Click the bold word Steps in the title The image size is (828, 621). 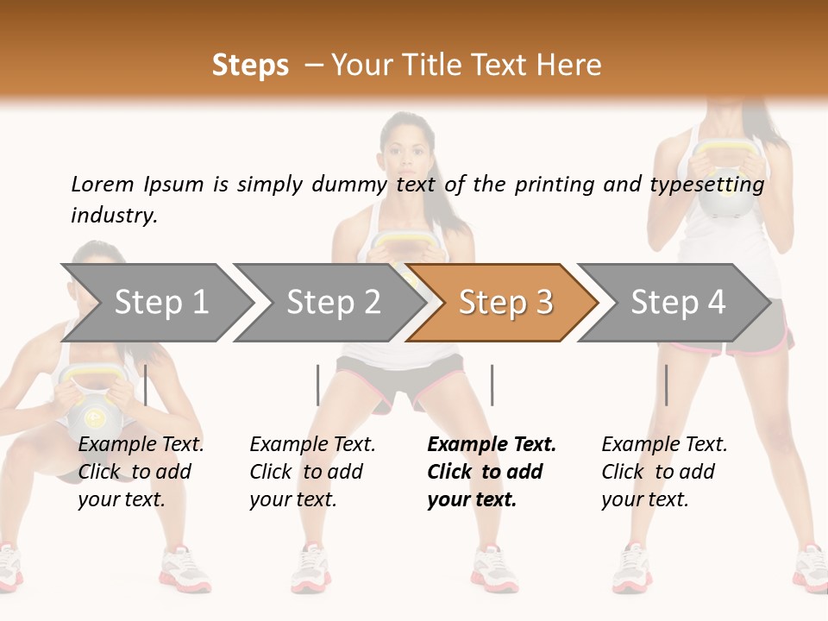coord(250,66)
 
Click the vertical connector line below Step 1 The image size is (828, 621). coord(146,385)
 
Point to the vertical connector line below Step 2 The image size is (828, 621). coord(318,385)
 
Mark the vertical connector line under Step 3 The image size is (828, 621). coord(492,385)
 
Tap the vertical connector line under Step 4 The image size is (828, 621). coord(666,385)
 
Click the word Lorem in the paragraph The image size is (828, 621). coord(103,184)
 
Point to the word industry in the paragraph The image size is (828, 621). coord(113,216)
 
